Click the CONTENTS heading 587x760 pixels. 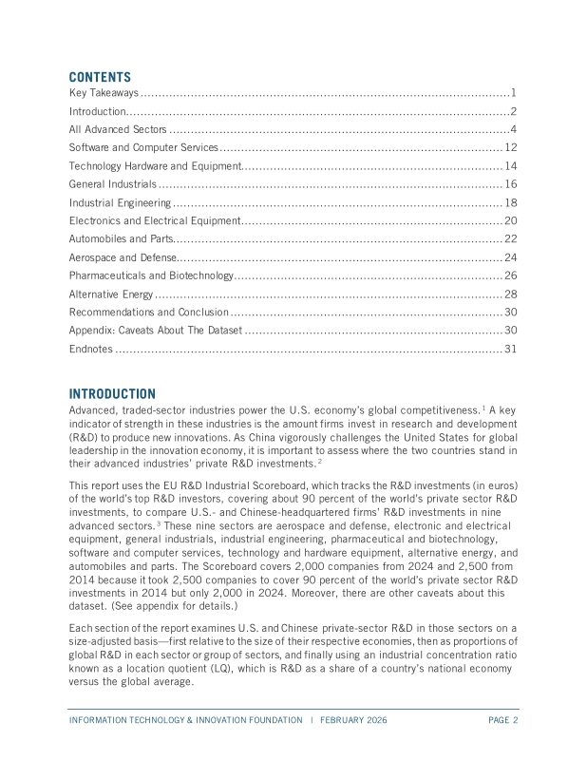100,77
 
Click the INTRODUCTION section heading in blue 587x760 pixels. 112,393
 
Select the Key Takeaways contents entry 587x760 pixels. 104,93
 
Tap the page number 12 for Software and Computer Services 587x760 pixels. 510,147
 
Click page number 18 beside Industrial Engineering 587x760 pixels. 510,202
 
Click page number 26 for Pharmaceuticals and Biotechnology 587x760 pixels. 510,275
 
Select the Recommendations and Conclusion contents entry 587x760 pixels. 148,312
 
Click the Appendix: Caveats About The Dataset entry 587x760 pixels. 156,331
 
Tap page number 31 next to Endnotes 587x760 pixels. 510,349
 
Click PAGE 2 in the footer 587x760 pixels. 503,720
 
